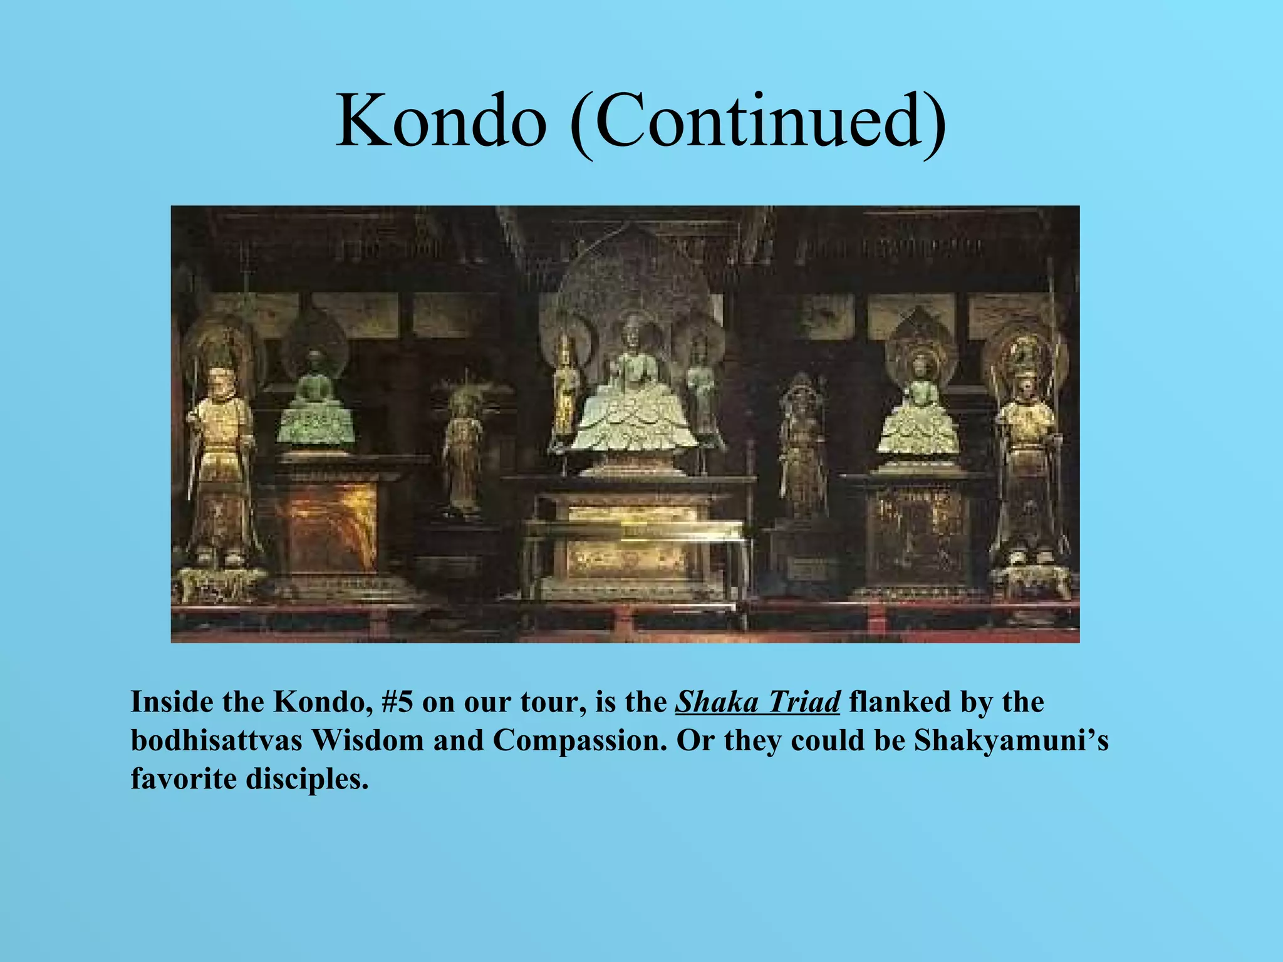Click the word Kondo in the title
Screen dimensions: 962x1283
(440, 120)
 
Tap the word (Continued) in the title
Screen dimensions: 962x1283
(758, 122)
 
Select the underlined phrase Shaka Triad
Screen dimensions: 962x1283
(757, 702)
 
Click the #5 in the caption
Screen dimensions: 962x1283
(397, 702)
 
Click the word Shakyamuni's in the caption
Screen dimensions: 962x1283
(1011, 740)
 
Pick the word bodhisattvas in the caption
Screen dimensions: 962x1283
(216, 740)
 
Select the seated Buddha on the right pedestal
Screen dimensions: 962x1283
(918, 413)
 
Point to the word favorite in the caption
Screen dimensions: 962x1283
(183, 779)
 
